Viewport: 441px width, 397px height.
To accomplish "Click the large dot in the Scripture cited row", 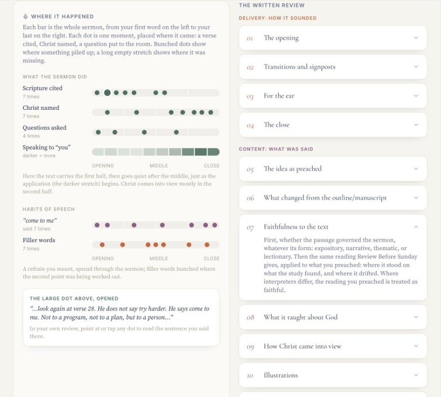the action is coord(107,93).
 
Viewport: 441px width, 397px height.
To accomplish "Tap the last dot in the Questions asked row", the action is coord(176,132).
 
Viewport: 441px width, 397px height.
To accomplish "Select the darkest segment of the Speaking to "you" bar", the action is coord(201,152).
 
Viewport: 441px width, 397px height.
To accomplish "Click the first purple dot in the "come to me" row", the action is coord(97,225).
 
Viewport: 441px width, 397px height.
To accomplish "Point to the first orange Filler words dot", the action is coord(102,245).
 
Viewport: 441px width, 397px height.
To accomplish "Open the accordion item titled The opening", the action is coord(333,38).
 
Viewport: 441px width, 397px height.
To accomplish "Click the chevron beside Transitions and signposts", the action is coord(416,67).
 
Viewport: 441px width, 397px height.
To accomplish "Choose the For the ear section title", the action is coord(279,96).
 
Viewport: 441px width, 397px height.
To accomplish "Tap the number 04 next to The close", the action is coord(250,125).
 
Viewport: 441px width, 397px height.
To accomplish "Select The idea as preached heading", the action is coord(293,169).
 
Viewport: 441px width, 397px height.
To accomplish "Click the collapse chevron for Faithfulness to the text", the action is coord(416,227).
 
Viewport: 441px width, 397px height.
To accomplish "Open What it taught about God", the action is coord(333,317).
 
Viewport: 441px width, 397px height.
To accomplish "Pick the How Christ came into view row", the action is coord(333,346).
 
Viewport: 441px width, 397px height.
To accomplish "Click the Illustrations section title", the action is coord(281,375).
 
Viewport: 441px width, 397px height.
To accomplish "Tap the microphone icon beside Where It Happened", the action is coord(26,17).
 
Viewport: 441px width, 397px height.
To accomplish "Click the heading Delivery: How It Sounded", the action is coord(278,18).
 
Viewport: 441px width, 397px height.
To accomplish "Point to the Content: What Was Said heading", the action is coord(276,149).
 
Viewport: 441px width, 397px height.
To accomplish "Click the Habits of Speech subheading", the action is coord(49,209).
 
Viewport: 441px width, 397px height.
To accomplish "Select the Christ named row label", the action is coord(41,108).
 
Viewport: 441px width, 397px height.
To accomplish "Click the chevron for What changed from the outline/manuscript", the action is coord(416,198).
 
